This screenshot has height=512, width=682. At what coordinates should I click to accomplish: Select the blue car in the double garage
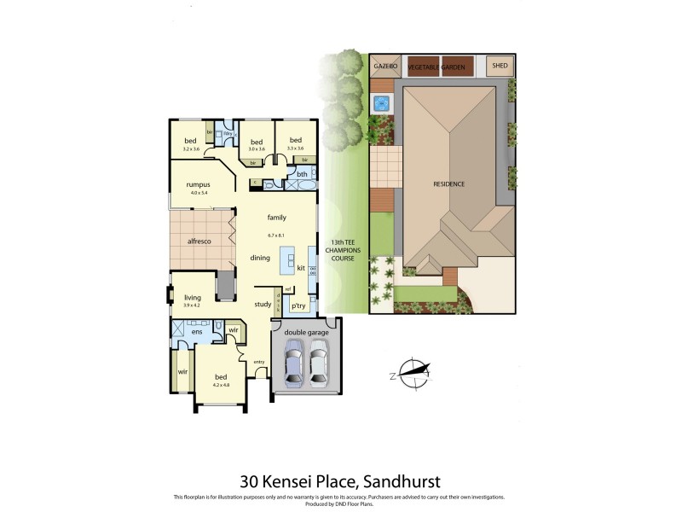(293, 360)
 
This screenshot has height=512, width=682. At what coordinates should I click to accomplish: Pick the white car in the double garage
(319, 360)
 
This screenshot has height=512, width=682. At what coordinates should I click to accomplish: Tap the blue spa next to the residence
(381, 104)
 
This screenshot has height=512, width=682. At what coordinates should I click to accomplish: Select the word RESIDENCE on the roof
(449, 184)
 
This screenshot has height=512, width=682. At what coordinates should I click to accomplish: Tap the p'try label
(298, 305)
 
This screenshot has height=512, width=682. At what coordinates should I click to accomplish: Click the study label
(263, 304)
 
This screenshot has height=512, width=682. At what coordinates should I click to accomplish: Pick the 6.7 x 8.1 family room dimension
(275, 235)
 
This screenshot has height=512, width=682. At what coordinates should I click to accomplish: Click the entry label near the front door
(258, 362)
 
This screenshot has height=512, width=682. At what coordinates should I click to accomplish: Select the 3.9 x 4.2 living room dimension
(192, 305)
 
